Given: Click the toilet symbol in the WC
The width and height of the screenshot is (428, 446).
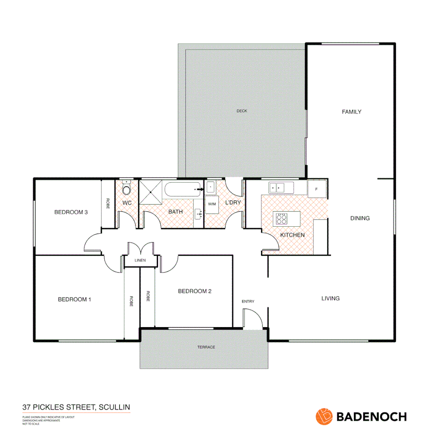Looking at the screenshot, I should pyautogui.click(x=127, y=189).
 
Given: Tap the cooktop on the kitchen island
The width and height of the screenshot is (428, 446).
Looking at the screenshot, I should pyautogui.click(x=282, y=218).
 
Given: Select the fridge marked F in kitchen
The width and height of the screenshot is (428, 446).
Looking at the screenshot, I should pyautogui.click(x=317, y=189).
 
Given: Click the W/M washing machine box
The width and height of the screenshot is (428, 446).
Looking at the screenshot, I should pyautogui.click(x=212, y=204).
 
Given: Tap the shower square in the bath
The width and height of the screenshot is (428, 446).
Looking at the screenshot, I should pyautogui.click(x=150, y=192).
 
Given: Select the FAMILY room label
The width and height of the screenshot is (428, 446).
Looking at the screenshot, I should pyautogui.click(x=351, y=111).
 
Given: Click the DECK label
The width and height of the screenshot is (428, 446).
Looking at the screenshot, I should pyautogui.click(x=242, y=111).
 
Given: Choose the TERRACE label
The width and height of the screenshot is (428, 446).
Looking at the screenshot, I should pyautogui.click(x=206, y=347).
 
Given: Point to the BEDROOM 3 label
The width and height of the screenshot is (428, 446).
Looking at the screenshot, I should pyautogui.click(x=71, y=212).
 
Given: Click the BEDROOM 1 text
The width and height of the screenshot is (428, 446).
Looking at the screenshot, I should pyautogui.click(x=74, y=299).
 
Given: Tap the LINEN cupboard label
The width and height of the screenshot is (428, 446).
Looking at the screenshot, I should pyautogui.click(x=141, y=261).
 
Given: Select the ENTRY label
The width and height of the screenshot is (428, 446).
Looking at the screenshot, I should pyautogui.click(x=248, y=301).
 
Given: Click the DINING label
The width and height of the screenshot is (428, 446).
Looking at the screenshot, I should pyautogui.click(x=360, y=218).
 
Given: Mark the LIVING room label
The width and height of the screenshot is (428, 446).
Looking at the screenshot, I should pyautogui.click(x=330, y=298).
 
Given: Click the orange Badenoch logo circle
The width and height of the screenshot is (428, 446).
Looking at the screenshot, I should pyautogui.click(x=324, y=416).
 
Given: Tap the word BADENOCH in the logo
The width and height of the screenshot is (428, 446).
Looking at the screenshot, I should pyautogui.click(x=372, y=417).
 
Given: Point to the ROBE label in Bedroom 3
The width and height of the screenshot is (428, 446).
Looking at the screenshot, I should pyautogui.click(x=108, y=204).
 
